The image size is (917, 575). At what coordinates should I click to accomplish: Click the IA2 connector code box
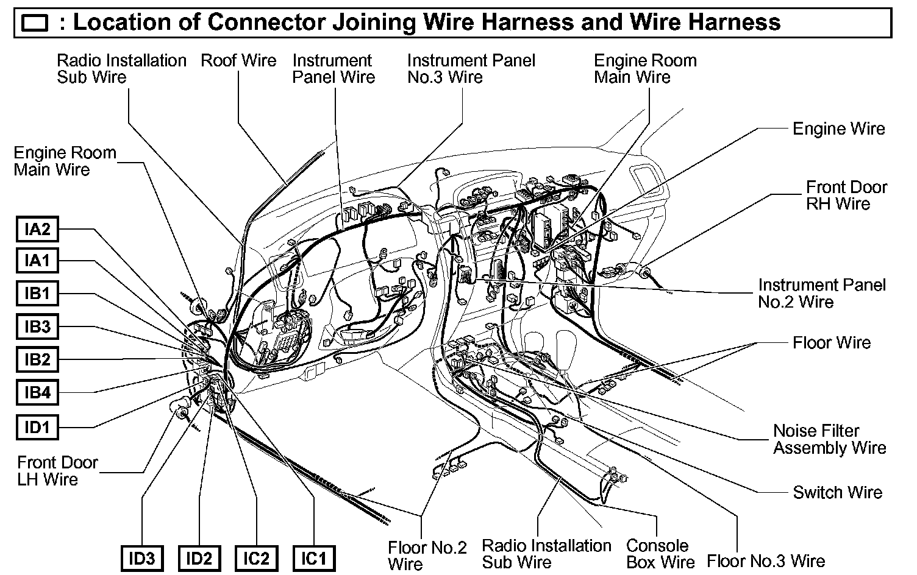pyautogui.click(x=37, y=230)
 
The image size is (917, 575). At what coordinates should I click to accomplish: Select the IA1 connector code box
pyautogui.click(x=37, y=261)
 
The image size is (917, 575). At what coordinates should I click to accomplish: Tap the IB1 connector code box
pyautogui.click(x=37, y=294)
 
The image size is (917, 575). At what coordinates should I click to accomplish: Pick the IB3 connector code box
pyautogui.click(x=37, y=327)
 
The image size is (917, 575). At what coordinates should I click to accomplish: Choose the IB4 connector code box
pyautogui.click(x=37, y=393)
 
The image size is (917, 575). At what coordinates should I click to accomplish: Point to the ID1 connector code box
pyautogui.click(x=37, y=428)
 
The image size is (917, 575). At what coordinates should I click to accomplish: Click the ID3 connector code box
pyautogui.click(x=142, y=558)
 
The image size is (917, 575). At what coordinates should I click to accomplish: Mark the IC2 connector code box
pyautogui.click(x=256, y=558)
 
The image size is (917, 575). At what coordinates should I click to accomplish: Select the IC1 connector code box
pyautogui.click(x=314, y=558)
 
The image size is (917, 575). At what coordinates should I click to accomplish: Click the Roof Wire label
pyautogui.click(x=238, y=60)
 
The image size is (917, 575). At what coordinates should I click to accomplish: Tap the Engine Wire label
pyautogui.click(x=838, y=129)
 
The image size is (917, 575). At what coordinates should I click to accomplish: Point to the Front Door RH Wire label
pyautogui.click(x=846, y=195)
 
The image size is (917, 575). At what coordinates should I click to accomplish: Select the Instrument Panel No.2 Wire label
pyautogui.click(x=821, y=293)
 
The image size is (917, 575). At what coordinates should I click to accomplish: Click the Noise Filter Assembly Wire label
pyautogui.click(x=829, y=439)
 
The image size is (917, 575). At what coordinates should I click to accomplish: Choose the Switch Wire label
pyautogui.click(x=837, y=492)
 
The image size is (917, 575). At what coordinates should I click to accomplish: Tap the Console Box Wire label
pyautogui.click(x=660, y=554)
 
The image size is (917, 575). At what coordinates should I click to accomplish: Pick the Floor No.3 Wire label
pyautogui.click(x=766, y=560)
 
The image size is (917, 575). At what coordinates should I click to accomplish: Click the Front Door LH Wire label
pyautogui.click(x=57, y=471)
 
